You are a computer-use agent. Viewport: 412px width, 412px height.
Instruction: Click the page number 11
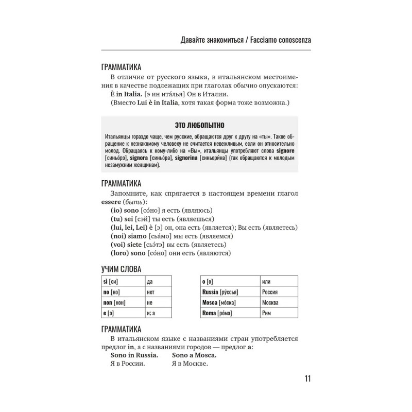[x=307, y=379]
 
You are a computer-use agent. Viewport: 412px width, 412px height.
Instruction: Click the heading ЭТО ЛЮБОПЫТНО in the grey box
[x=200, y=125]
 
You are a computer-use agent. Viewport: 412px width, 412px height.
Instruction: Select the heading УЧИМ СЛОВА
[x=122, y=269]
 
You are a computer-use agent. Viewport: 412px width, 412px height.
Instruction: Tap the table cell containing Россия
[x=279, y=291]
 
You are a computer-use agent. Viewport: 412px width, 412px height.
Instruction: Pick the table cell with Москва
[x=279, y=302]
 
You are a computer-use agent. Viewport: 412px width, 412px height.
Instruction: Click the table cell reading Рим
[x=279, y=313]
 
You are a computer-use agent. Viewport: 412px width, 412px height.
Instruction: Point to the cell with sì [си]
[x=123, y=281]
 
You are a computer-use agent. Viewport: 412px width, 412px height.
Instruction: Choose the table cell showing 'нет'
[x=158, y=292]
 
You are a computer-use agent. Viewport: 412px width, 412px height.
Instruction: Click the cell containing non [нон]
[x=123, y=302]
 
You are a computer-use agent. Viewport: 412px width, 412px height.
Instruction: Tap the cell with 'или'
[x=279, y=281]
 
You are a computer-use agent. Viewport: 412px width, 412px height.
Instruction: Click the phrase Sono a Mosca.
[x=194, y=355]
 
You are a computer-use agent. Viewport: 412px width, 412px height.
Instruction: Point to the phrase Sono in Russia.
[x=134, y=355]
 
